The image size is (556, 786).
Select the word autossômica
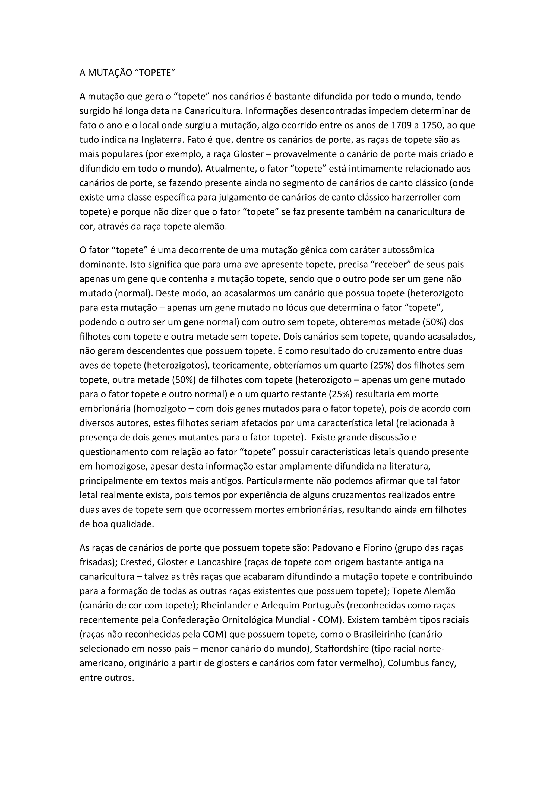[x=408, y=250]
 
